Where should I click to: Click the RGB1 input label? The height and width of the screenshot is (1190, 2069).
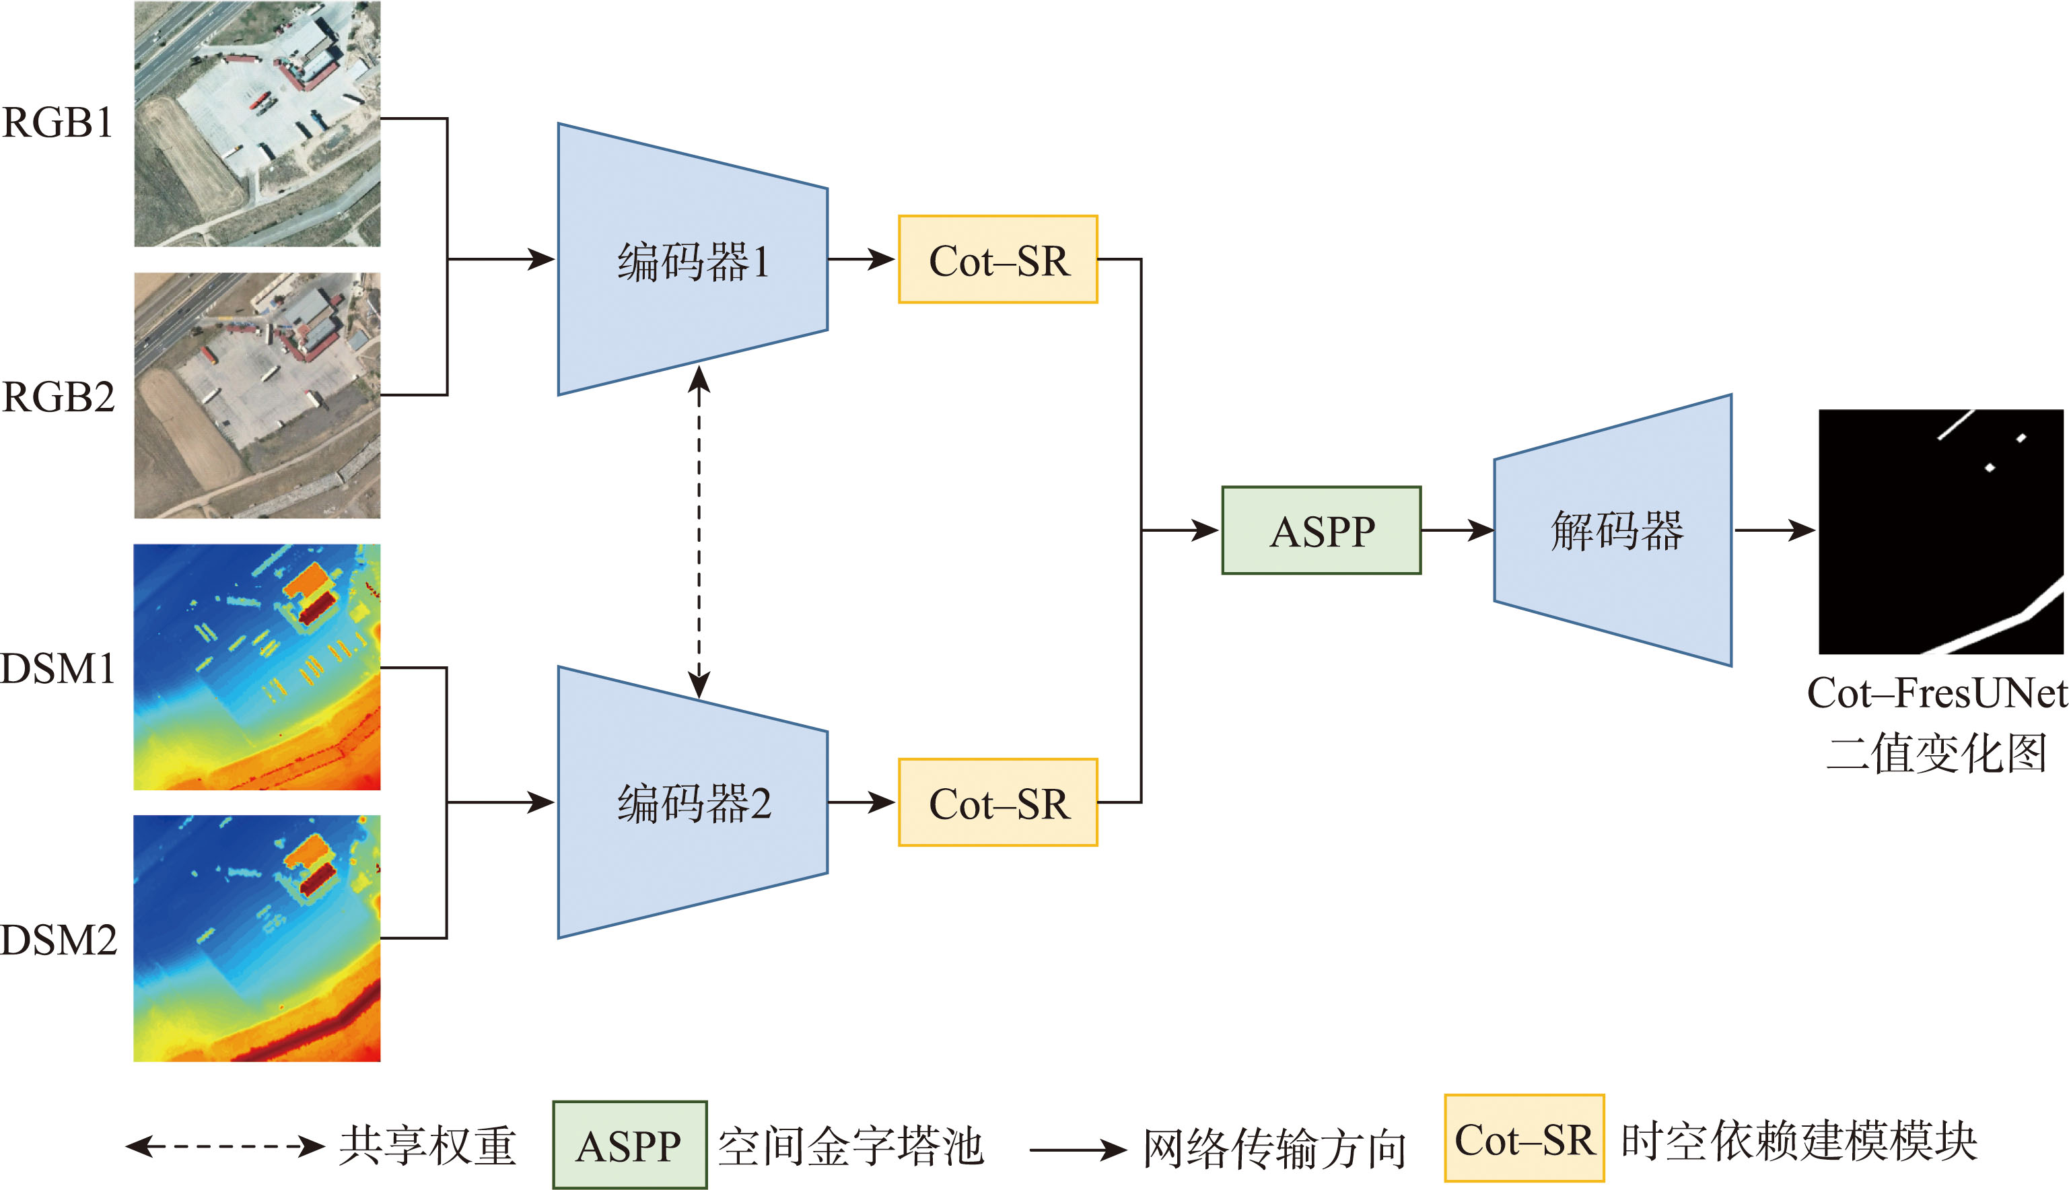[57, 123]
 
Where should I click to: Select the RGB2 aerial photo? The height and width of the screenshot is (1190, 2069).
[257, 396]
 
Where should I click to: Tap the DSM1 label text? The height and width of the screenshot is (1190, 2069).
[58, 668]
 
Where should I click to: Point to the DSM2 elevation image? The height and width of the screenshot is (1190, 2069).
[257, 938]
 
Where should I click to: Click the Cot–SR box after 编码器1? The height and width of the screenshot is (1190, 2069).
[997, 260]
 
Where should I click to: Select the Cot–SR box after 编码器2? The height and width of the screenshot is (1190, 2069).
[997, 802]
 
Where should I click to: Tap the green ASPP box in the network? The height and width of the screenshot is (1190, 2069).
[1321, 531]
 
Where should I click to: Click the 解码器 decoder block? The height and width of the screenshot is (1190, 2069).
[1614, 531]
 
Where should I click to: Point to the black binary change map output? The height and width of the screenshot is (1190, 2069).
[1940, 531]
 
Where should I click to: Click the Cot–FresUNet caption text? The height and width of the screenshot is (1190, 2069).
[1936, 693]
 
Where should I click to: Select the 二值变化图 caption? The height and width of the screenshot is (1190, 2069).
[1936, 754]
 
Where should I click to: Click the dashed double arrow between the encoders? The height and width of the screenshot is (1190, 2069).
[699, 531]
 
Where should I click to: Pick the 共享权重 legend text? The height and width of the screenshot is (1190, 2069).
[427, 1146]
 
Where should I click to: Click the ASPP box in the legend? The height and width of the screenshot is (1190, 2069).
[629, 1145]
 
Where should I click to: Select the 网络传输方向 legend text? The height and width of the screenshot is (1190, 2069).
[1274, 1149]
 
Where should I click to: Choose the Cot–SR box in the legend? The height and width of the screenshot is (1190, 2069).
[1524, 1139]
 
